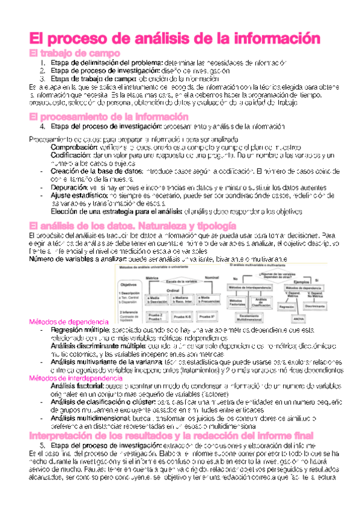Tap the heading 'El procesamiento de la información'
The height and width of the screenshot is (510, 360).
tap(109, 116)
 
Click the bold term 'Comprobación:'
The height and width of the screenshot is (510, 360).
tap(75, 147)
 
